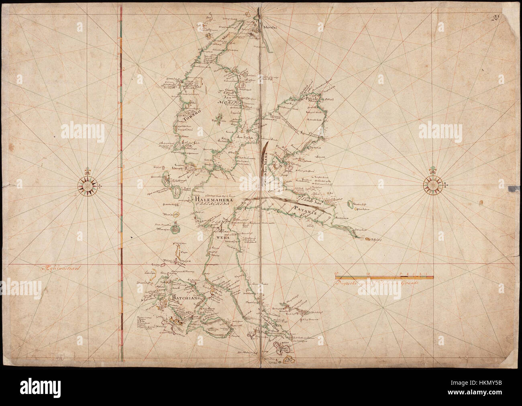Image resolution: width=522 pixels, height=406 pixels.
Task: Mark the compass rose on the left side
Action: click(88, 185)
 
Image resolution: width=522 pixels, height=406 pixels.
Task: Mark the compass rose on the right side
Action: click(433, 185)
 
